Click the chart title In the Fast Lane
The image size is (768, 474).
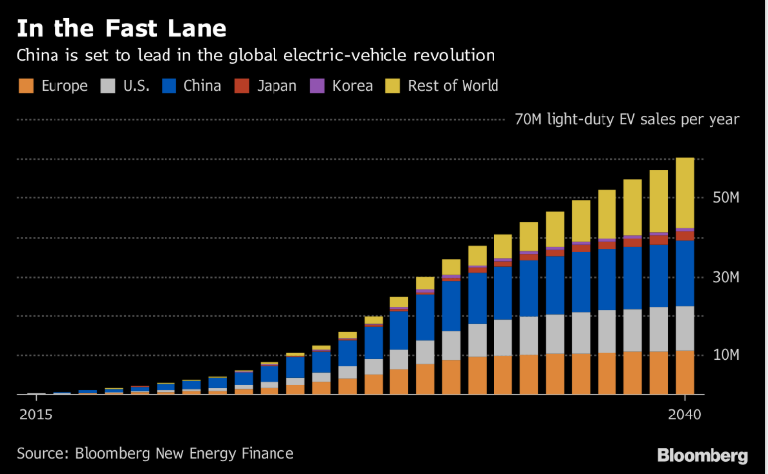click(x=120, y=26)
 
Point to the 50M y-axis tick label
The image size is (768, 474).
click(x=725, y=198)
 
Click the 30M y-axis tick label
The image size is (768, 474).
click(x=725, y=277)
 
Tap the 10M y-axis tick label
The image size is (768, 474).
click(x=725, y=355)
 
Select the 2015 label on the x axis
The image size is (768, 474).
click(x=34, y=415)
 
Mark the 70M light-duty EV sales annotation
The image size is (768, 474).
click(x=626, y=120)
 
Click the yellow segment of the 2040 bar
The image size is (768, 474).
click(x=685, y=192)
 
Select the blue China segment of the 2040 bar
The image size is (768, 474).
click(x=685, y=273)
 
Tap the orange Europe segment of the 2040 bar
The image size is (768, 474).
click(x=685, y=372)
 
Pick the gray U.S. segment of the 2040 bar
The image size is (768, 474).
click(x=685, y=328)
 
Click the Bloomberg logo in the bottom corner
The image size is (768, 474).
click(x=703, y=455)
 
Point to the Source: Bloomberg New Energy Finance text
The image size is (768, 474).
click(x=155, y=454)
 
